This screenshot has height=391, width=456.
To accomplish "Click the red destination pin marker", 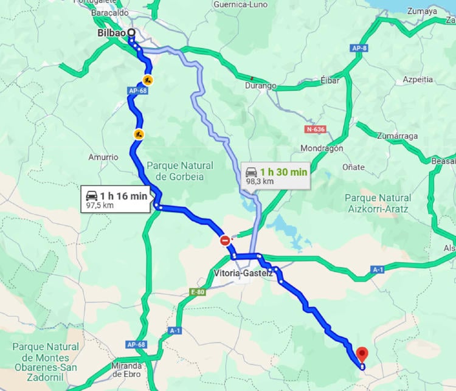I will (x=362, y=353).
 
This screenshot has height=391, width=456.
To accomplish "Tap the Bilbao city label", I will (x=111, y=33).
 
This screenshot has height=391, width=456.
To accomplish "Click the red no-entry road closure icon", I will (x=226, y=241).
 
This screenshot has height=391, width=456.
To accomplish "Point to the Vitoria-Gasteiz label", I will (x=243, y=273).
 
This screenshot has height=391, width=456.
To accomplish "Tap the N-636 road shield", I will (x=316, y=130).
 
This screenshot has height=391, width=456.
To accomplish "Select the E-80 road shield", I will (x=198, y=292).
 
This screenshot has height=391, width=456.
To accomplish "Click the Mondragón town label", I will (x=322, y=148).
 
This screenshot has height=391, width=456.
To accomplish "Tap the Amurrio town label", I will (x=103, y=157).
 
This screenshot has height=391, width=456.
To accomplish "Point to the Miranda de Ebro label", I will (x=126, y=370).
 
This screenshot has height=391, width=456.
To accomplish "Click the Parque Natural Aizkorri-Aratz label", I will (x=378, y=203).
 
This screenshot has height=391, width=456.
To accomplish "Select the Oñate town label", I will (x=353, y=167).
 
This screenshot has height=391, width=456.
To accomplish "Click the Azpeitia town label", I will (x=418, y=80).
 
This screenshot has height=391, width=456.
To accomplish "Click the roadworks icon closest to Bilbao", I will (x=148, y=80).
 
